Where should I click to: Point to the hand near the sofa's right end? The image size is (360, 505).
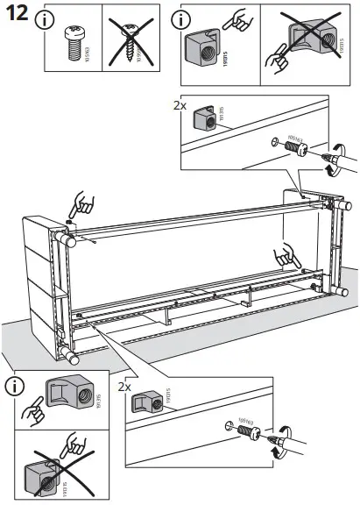click(286, 255)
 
